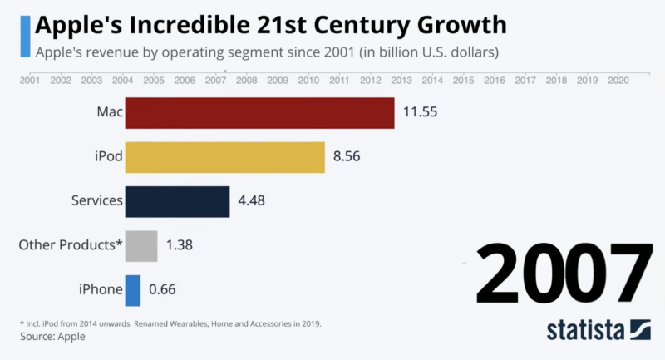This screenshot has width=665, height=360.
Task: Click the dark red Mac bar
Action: [x=259, y=113]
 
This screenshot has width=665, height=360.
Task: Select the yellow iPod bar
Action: [x=224, y=157]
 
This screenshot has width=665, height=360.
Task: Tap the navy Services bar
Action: [x=177, y=201]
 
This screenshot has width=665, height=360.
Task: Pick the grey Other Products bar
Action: [x=141, y=245]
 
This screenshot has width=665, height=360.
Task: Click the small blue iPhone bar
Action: [x=133, y=289]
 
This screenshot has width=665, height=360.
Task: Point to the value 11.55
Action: [x=421, y=113]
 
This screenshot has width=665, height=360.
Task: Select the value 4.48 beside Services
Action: [x=253, y=201]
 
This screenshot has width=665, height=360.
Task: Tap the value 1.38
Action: [x=180, y=245]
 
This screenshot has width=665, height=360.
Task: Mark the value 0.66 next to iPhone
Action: [x=163, y=289]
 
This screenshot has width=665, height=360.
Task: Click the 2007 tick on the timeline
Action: [x=215, y=81]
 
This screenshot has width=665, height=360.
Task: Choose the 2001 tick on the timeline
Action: [x=30, y=81]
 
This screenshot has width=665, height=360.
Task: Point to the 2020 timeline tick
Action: [x=618, y=81]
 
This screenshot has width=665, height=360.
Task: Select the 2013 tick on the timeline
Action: [x=401, y=81]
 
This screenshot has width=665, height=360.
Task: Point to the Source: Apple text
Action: [x=52, y=337]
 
